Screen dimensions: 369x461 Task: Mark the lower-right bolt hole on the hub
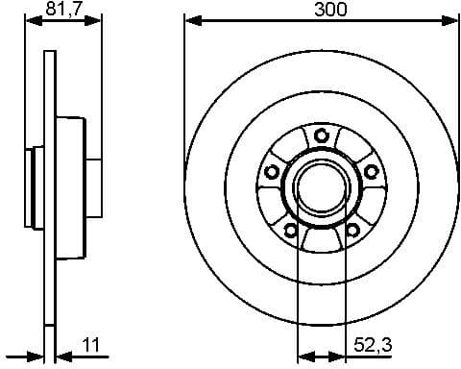point(352,229)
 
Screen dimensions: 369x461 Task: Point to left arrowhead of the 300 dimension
point(190,20)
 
